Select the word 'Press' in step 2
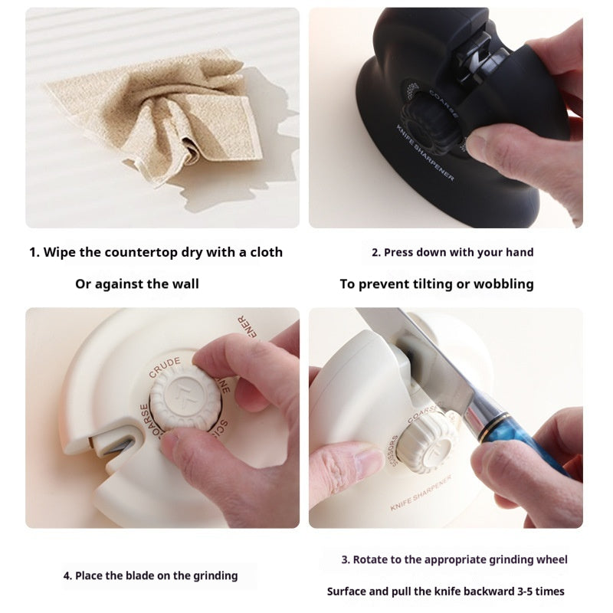[x=399, y=252]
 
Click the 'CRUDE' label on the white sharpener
[x=165, y=366]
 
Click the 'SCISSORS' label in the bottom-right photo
[x=392, y=452]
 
